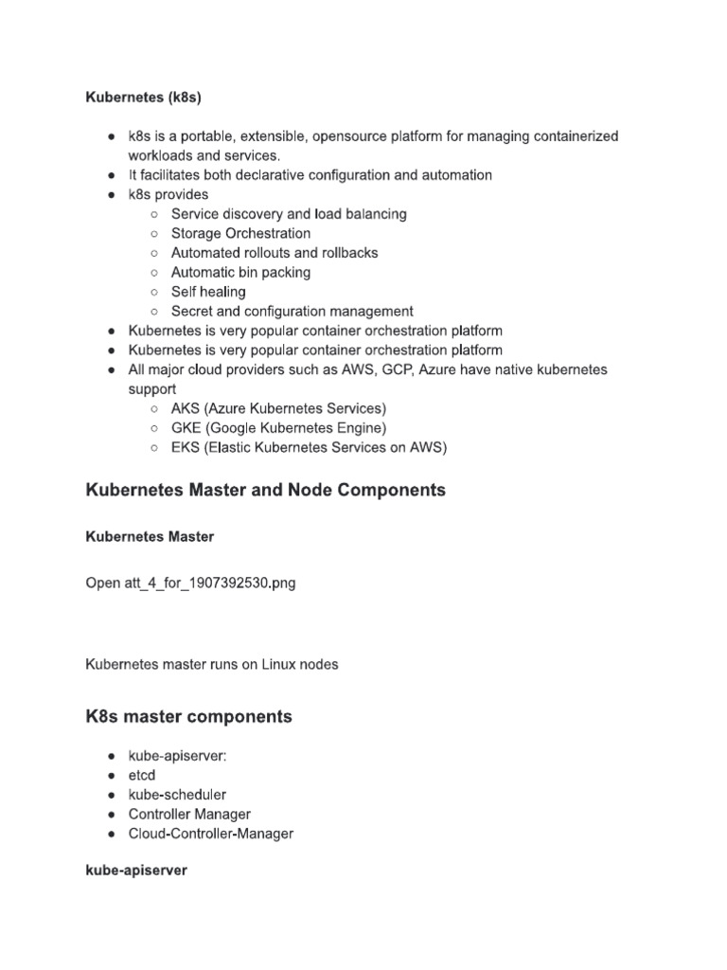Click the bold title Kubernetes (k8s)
pos(144,98)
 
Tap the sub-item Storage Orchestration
pos(240,233)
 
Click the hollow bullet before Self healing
pos(154,292)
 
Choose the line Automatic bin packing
pos(240,272)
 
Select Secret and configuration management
pos(292,311)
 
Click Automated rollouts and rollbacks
pos(275,253)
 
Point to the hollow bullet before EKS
pos(154,447)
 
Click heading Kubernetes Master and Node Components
pos(265,491)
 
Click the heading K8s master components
pos(188,717)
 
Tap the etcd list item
pos(142,776)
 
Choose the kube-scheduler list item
pos(177,795)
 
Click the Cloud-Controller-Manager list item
pos(211,834)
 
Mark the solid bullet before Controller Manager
pos(111,815)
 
